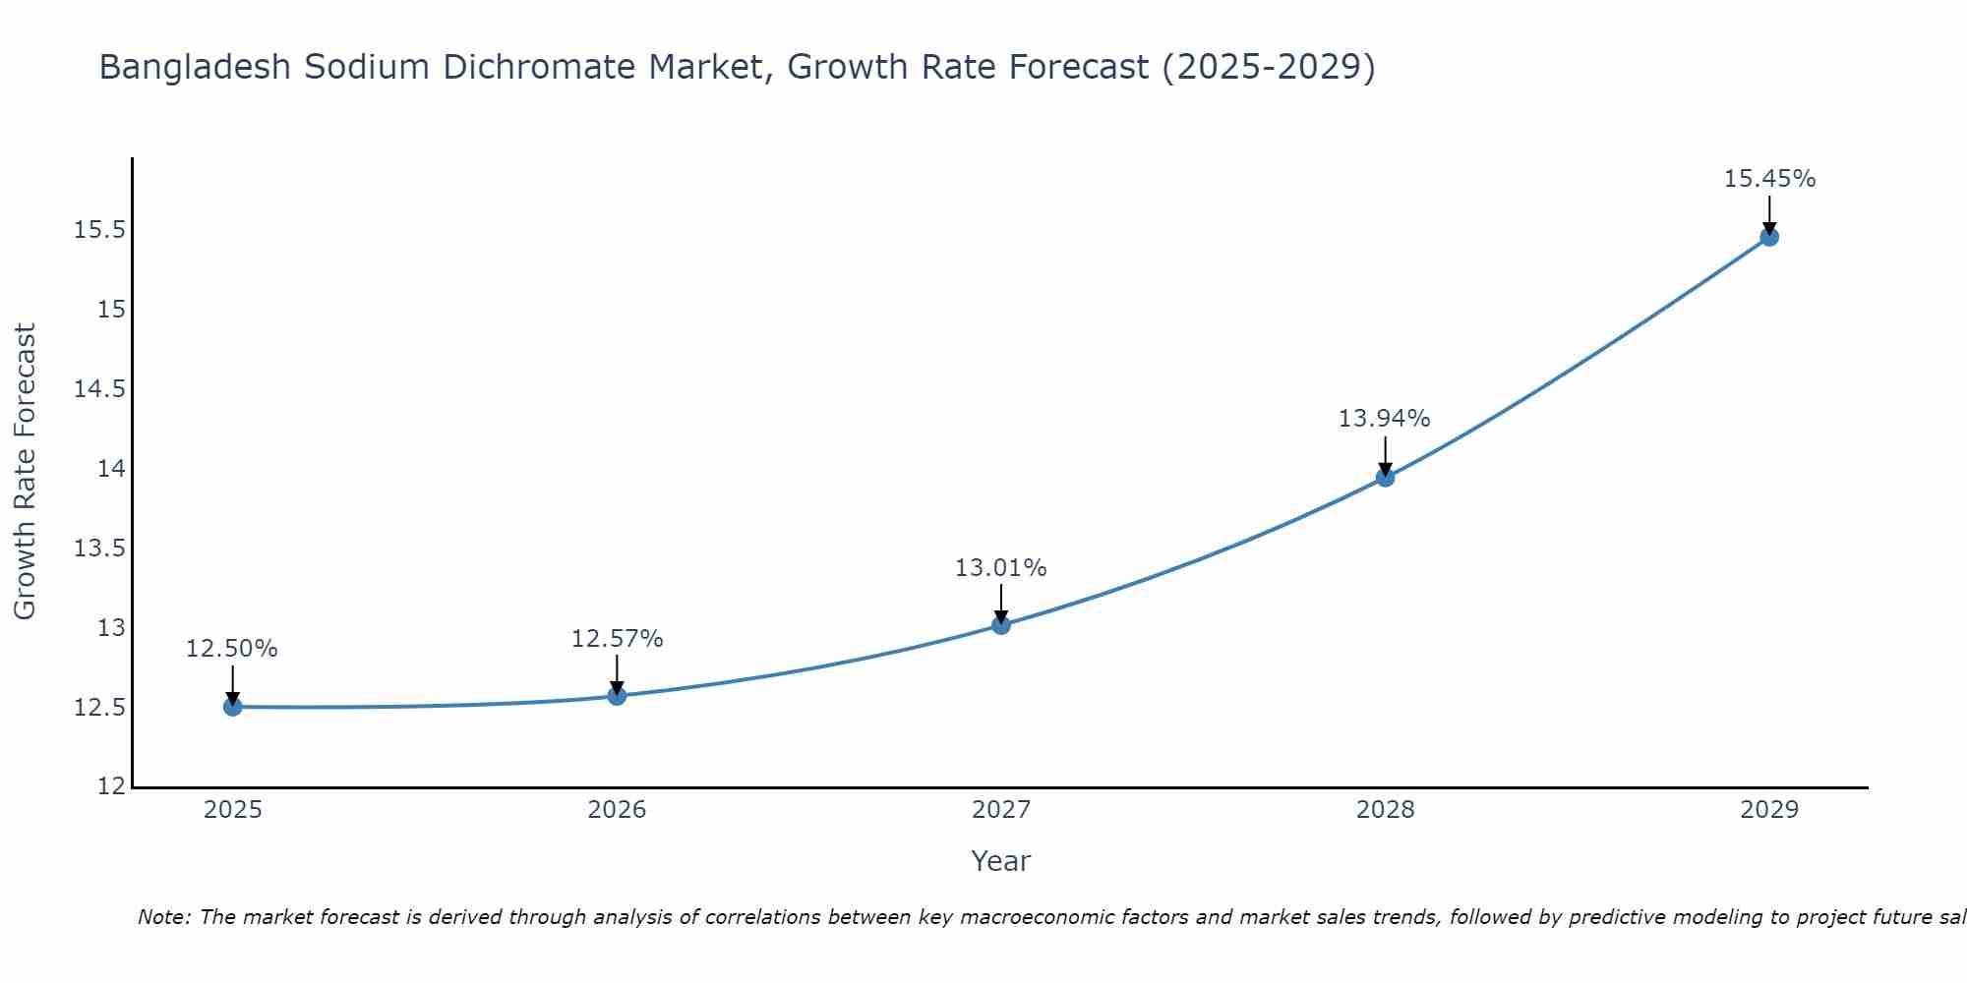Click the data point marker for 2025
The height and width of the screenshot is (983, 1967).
coord(233,707)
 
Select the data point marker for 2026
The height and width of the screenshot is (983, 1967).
coord(617,696)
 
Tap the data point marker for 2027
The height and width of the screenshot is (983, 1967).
coord(1001,624)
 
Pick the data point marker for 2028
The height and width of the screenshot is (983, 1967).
coord(1385,478)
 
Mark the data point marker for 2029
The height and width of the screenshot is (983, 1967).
coord(1769,237)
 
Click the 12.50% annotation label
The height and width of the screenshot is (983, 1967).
coord(232,649)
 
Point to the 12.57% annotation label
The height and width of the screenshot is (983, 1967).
coord(618,639)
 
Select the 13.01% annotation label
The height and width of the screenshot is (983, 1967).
coord(1001,568)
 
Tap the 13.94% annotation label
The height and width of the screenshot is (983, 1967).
coord(1385,419)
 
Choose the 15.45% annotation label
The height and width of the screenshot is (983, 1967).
coord(1769,179)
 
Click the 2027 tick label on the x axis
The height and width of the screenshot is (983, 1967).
coord(1001,810)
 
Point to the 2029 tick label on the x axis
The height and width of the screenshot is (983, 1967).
coord(1769,810)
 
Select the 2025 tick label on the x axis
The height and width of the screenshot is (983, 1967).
coord(233,810)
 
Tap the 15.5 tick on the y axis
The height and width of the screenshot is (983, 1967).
coord(100,231)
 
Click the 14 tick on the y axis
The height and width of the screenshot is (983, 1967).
coord(111,469)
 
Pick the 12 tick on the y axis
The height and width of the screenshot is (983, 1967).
coord(111,786)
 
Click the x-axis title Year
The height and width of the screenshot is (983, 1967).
coord(1001,861)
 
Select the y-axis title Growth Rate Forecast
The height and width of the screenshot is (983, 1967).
coord(26,472)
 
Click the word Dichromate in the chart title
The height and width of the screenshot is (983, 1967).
coord(539,67)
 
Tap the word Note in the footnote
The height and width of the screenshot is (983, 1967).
coord(158,917)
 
